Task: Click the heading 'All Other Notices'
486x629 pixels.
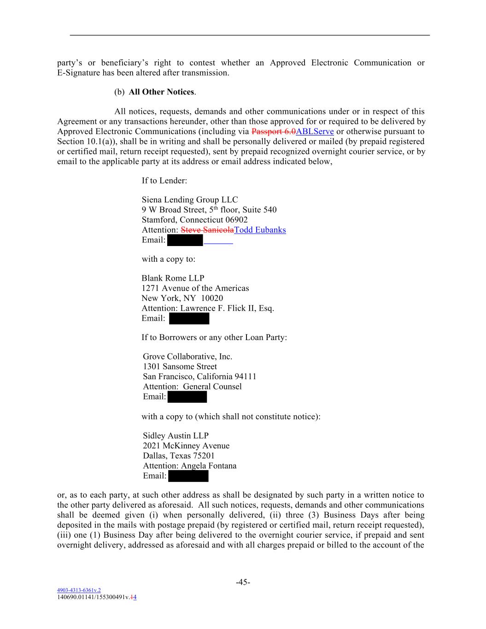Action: (161, 92)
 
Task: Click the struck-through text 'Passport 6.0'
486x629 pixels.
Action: (274, 132)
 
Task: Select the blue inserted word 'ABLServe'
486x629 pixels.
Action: (315, 132)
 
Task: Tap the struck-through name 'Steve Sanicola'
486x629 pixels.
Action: (207, 230)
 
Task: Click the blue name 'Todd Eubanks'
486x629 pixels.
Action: (260, 230)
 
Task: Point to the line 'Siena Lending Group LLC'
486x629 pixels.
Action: (190, 200)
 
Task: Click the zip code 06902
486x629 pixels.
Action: (236, 220)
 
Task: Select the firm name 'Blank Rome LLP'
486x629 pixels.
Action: (173, 278)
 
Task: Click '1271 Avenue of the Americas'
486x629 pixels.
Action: (195, 288)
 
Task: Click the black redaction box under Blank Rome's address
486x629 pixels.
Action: (189, 318)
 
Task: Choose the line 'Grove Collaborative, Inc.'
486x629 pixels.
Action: (187, 356)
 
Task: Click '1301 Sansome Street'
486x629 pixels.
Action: (180, 366)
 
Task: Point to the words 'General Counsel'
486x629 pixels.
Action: (212, 387)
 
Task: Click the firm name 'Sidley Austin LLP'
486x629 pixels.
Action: (176, 435)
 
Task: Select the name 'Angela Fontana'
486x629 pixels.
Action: (209, 466)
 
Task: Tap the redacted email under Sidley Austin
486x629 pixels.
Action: (188, 476)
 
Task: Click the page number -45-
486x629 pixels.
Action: (243, 582)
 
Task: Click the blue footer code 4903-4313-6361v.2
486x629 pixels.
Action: (79, 590)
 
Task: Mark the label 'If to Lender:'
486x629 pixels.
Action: (164, 180)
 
